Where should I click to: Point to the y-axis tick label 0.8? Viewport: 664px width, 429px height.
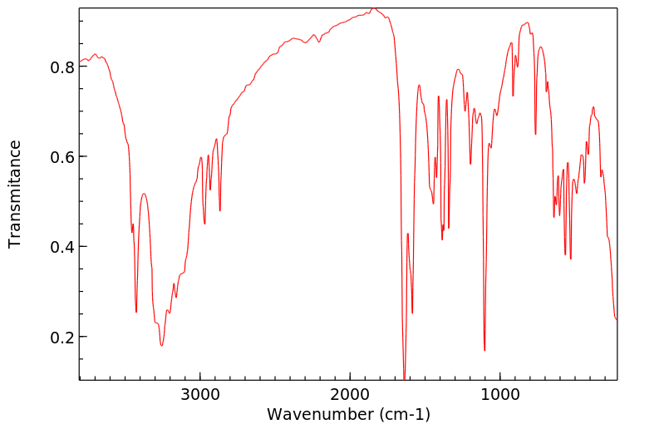coord(59,67)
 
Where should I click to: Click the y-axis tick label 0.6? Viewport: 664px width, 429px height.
coord(59,157)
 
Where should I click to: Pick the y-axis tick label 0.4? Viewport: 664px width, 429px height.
coord(59,247)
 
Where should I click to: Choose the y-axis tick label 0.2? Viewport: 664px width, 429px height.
coord(59,338)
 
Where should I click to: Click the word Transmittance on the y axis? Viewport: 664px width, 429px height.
coord(15,194)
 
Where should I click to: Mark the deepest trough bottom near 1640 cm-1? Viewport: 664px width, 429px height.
coord(404,378)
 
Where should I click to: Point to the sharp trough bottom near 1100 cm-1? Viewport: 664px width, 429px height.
coord(484,350)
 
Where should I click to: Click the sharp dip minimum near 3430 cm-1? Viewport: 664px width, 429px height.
coord(136,312)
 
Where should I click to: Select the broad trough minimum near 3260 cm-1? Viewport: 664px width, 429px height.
coord(162,345)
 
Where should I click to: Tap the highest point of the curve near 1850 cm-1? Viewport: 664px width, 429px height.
coord(373,8)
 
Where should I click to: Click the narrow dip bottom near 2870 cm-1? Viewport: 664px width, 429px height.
coord(220,210)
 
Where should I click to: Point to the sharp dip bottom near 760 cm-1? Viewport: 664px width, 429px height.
coord(535,134)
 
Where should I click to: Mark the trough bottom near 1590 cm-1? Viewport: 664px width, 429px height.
coord(412,313)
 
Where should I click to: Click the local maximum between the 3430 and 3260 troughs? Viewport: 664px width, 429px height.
coord(144,194)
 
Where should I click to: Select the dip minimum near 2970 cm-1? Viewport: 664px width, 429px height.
coord(204,224)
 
